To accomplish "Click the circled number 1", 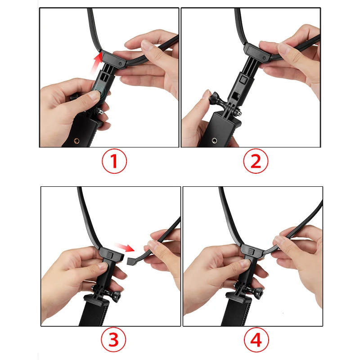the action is [x=114, y=161].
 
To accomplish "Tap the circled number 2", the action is [x=256, y=161].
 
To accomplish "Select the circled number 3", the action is [x=113, y=340].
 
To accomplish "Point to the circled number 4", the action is [x=256, y=340].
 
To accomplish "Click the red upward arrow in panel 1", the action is [x=96, y=63].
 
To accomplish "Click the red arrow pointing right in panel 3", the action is [x=125, y=247].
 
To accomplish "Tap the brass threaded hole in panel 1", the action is [x=76, y=140].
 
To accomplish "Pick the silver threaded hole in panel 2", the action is [x=215, y=140].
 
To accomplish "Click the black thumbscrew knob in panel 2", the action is [x=215, y=98].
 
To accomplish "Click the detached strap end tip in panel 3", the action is [x=131, y=260].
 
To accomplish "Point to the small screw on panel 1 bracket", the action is [x=120, y=64].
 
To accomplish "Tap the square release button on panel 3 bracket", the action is [x=109, y=255].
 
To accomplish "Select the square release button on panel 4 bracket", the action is [x=251, y=252].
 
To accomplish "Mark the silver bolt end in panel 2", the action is [x=239, y=113].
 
